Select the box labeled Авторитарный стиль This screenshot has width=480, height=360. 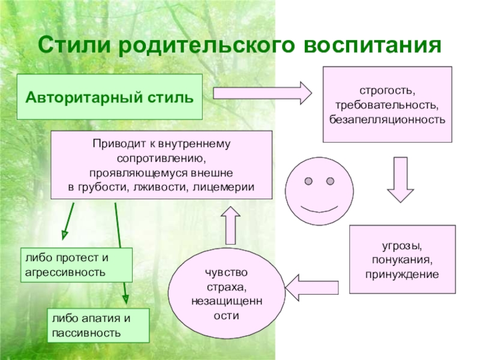pos(110,96)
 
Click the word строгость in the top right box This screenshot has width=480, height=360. pos(387,91)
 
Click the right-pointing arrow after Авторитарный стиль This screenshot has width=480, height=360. pos(262,93)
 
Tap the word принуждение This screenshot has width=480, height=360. pos(403,273)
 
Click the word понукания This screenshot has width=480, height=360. pos(403,260)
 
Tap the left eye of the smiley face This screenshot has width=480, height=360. pos(308,181)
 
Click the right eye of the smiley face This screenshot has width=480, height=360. pos(329,181)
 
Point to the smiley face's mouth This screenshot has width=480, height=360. pos(318,209)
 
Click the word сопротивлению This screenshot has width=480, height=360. pos(161,159)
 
